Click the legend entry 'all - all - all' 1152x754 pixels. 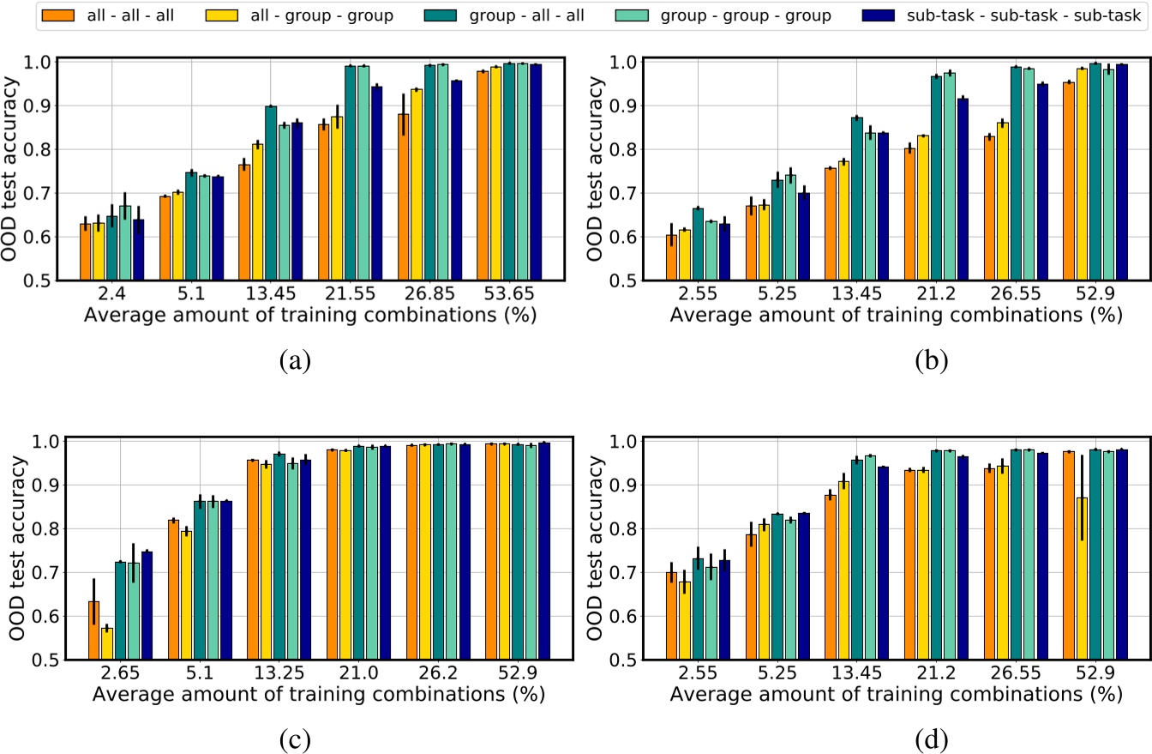(x=120, y=15)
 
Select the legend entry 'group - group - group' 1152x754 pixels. (x=754, y=15)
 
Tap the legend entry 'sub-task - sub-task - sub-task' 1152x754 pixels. (x=1017, y=15)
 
